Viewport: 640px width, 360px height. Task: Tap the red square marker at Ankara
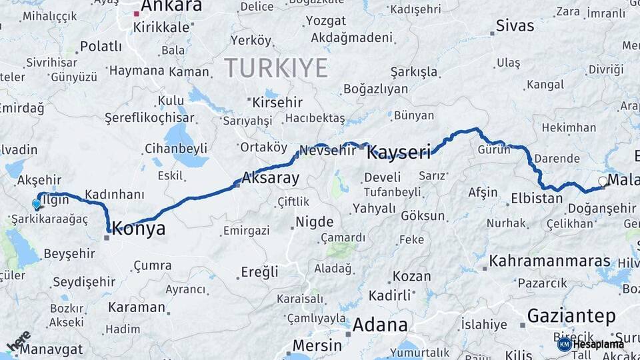click(x=137, y=13)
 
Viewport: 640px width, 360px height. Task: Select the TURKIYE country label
click(x=276, y=68)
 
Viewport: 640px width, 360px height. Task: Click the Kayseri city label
click(x=399, y=153)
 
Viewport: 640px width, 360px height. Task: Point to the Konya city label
click(x=139, y=229)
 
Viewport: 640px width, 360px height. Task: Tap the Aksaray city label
click(x=270, y=178)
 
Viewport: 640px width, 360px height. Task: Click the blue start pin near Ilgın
click(x=36, y=204)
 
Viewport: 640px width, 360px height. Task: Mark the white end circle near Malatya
click(x=603, y=181)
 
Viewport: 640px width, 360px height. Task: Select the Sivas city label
click(x=515, y=26)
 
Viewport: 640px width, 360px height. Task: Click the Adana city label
click(x=379, y=325)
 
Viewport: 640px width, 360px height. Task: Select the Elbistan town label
click(x=537, y=198)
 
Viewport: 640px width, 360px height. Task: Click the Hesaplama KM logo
click(x=591, y=344)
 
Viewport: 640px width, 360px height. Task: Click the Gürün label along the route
click(x=494, y=150)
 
